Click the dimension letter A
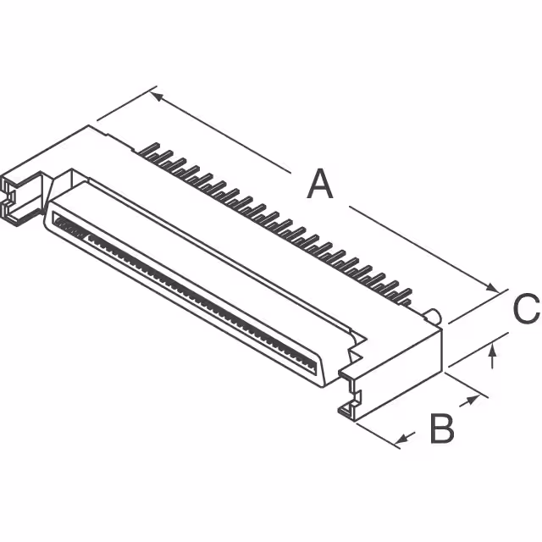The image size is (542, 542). coord(319,184)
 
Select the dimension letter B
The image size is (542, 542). coord(441,429)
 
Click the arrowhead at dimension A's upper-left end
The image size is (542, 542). coord(158,97)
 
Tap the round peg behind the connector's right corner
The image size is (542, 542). coord(435,317)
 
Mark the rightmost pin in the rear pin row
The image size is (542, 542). coord(404,298)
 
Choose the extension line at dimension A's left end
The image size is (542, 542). coord(127,106)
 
